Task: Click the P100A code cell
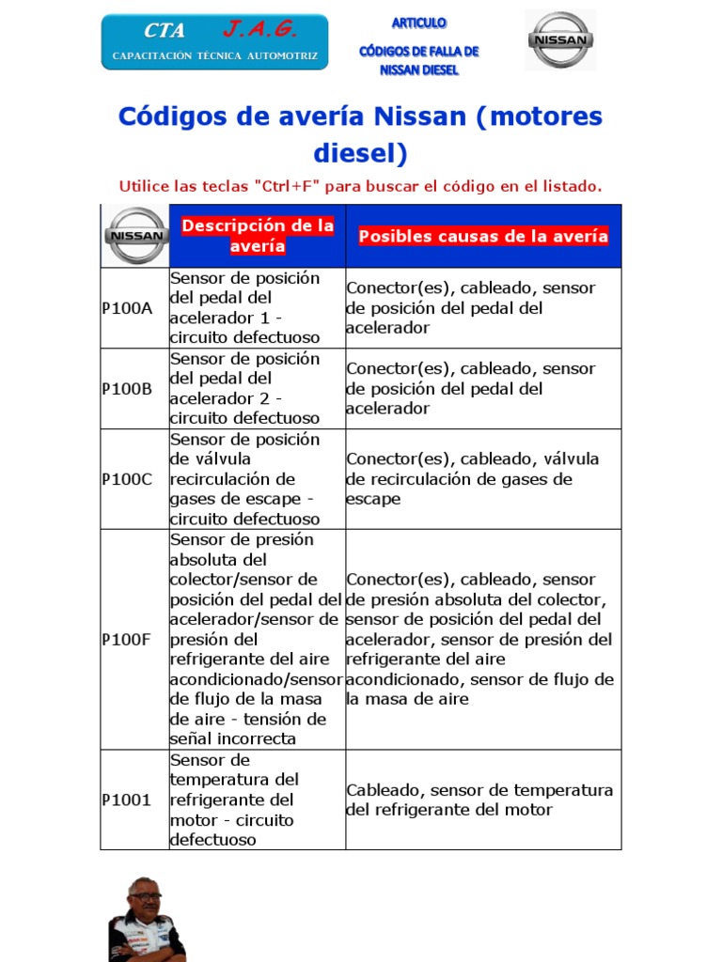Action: (127, 308)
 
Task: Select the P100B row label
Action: (127, 389)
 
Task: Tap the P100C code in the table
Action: (127, 479)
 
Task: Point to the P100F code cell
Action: (127, 640)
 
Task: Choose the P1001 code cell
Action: (127, 800)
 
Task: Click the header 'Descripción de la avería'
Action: (257, 236)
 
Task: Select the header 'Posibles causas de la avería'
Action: (483, 237)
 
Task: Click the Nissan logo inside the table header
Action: (135, 236)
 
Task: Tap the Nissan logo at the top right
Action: (559, 40)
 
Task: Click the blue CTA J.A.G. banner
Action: (214, 42)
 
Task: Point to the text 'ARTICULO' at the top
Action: (418, 23)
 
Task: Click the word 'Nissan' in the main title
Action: (419, 117)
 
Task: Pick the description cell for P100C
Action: (257, 479)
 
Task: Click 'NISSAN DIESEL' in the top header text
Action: (418, 70)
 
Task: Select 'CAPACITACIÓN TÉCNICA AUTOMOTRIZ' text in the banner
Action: (214, 56)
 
